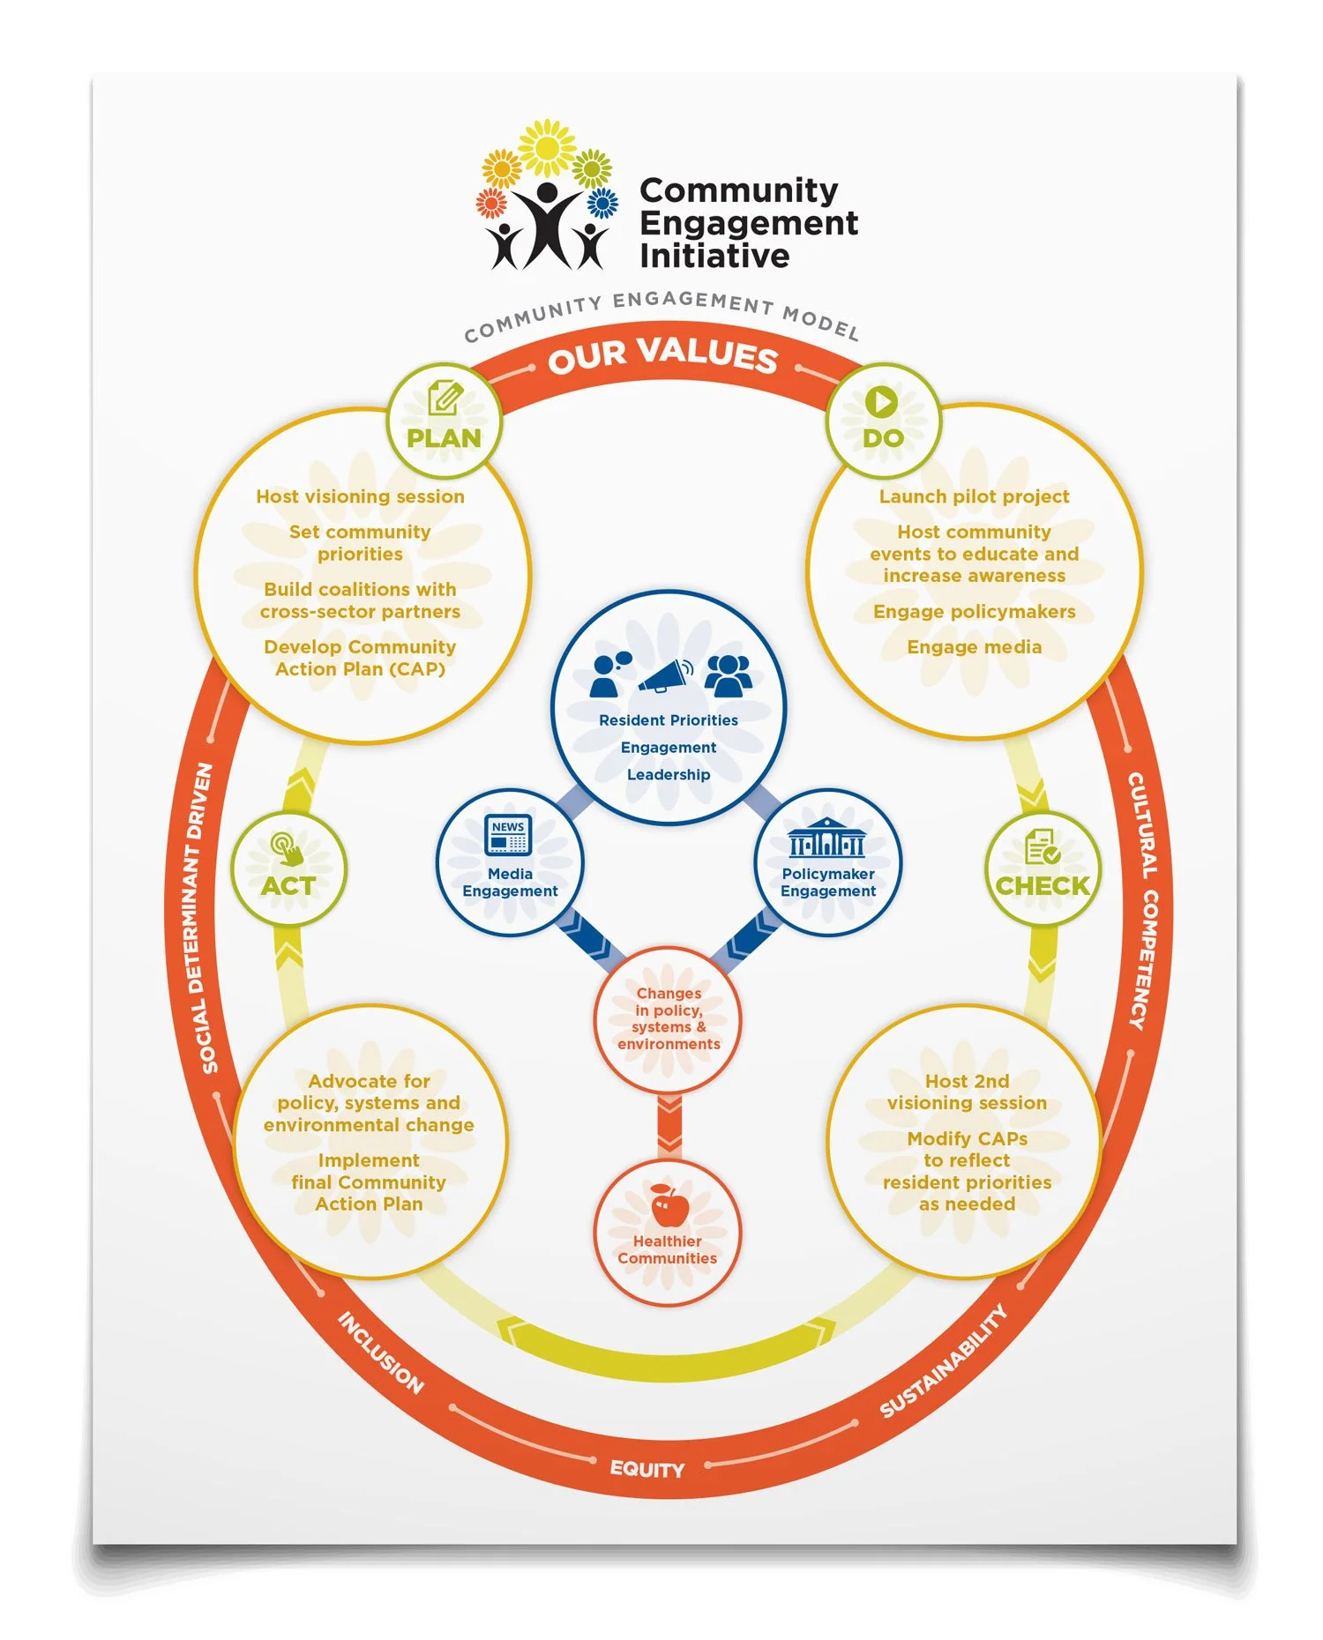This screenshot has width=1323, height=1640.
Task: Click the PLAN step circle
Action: click(444, 421)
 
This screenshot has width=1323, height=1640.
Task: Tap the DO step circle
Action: click(883, 421)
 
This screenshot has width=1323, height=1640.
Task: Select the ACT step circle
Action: click(288, 868)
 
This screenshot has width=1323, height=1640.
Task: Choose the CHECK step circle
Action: click(1043, 868)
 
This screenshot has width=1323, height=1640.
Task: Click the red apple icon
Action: click(669, 1205)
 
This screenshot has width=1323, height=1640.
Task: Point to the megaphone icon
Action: click(666, 676)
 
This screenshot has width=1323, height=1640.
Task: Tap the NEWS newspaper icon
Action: click(509, 834)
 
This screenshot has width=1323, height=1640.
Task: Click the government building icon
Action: click(826, 838)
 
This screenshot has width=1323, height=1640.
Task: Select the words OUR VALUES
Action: click(662, 354)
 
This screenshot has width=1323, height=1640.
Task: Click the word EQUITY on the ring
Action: click(647, 1469)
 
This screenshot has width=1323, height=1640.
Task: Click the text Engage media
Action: click(974, 647)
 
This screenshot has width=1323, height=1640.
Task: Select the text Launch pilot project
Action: click(974, 496)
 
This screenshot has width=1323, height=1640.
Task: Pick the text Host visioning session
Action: click(360, 496)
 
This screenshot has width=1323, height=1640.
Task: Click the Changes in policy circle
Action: click(668, 1019)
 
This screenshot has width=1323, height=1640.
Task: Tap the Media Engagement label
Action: click(510, 883)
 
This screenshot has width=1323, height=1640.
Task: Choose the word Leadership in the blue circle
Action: click(669, 775)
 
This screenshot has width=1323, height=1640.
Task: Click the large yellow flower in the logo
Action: click(547, 146)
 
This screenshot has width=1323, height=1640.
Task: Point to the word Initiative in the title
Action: click(714, 257)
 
